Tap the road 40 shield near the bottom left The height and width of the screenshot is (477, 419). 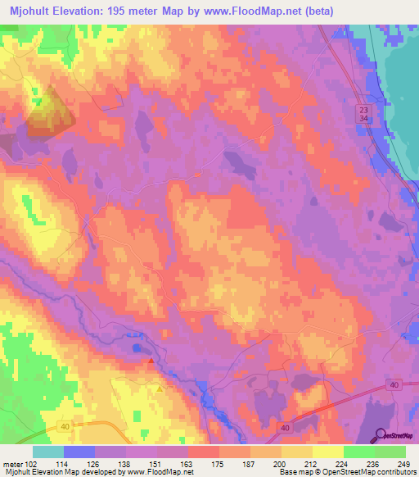click(x=65, y=426)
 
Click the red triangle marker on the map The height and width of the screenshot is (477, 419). click(x=151, y=360)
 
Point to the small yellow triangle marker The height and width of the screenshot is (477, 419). click(x=159, y=388)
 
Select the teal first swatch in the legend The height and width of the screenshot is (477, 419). click(x=48, y=452)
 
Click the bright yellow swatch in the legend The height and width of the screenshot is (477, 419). click(x=327, y=452)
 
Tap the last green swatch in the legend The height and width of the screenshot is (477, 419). click(x=390, y=452)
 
